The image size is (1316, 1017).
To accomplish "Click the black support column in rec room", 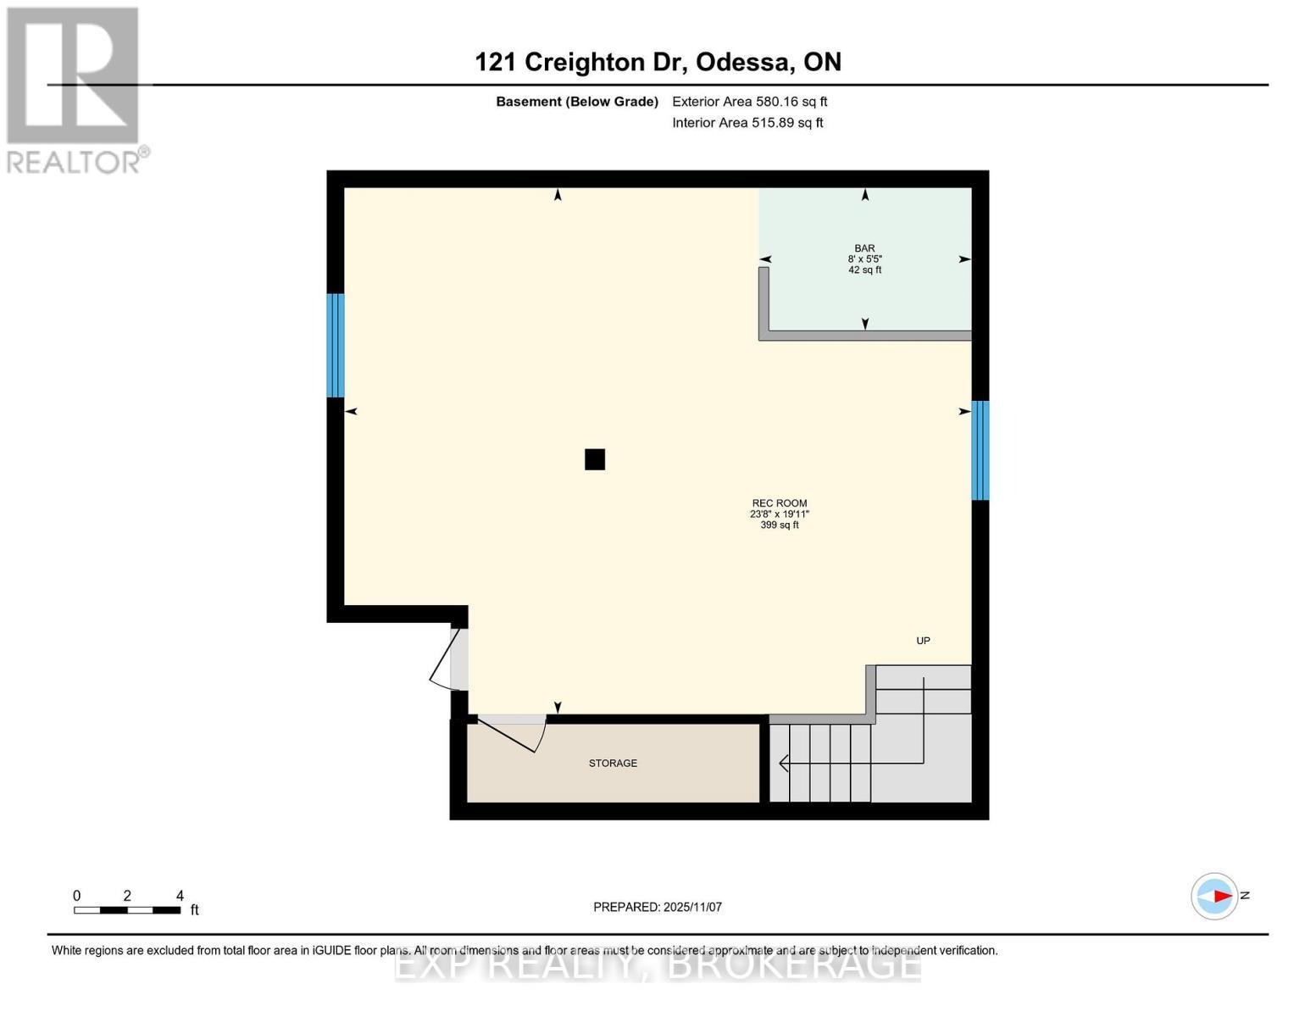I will click(595, 459).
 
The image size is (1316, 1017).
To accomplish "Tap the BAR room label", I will click(864, 248).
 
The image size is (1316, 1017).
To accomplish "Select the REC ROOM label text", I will click(780, 503).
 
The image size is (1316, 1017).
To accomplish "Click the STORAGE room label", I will click(613, 764).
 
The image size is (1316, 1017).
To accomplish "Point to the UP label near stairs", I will click(923, 641).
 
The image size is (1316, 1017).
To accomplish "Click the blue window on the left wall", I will click(336, 345).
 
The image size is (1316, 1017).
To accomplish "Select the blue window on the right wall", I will click(980, 450).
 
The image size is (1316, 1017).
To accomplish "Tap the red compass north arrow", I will click(1220, 896).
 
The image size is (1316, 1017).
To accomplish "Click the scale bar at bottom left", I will click(127, 910).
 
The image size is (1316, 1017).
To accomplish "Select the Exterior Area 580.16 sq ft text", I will click(749, 102).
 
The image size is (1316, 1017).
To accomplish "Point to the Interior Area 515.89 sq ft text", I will click(747, 123).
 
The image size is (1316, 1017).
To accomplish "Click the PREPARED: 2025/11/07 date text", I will click(658, 907).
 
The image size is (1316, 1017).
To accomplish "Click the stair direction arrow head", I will click(783, 764).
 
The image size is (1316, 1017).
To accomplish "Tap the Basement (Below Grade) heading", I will click(576, 102).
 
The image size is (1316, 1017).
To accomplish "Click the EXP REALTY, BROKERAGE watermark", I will click(658, 965).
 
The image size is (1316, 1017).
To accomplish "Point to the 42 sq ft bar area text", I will click(864, 270).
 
